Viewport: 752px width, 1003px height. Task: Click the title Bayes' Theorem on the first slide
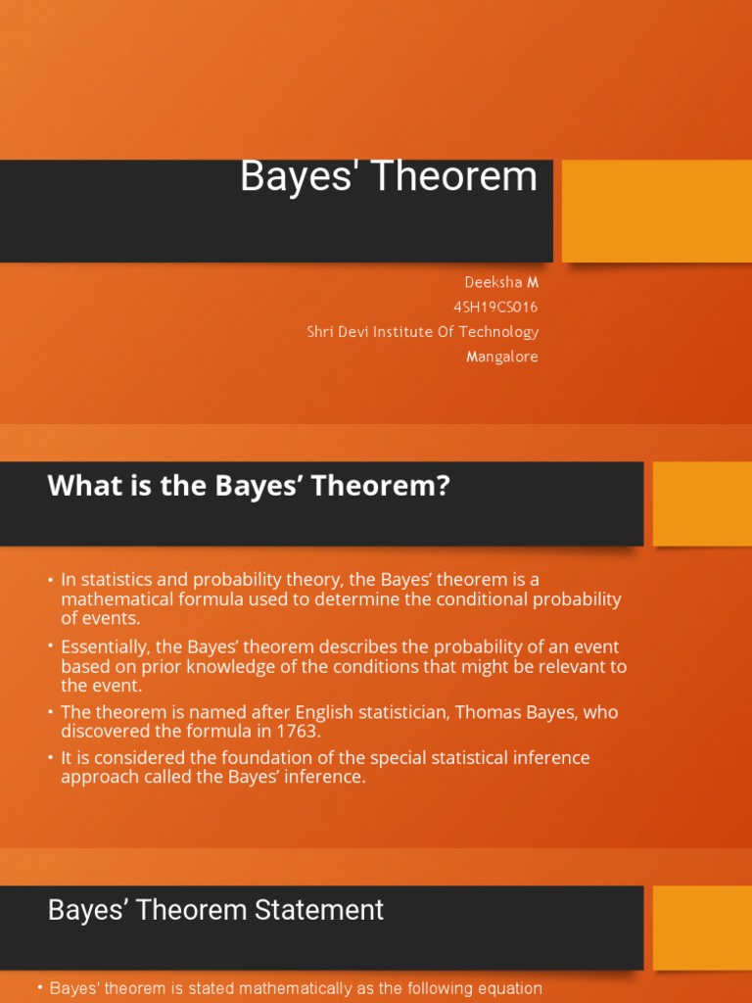tap(389, 177)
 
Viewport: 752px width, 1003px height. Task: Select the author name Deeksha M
tap(500, 282)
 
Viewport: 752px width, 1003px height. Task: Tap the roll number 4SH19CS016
tap(495, 307)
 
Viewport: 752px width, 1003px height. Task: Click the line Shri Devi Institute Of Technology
tap(422, 332)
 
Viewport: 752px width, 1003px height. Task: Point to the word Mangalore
tap(501, 357)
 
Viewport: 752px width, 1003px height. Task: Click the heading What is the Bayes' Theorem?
tap(249, 486)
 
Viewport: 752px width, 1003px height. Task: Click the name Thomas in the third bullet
tap(447, 712)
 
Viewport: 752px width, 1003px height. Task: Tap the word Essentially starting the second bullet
tap(109, 647)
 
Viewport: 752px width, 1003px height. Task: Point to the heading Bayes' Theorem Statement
tap(215, 910)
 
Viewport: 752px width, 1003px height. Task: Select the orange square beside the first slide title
tap(656, 211)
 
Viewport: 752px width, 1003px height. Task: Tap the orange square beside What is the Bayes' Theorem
tap(702, 503)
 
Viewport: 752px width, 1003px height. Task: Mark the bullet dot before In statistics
tap(50, 581)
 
